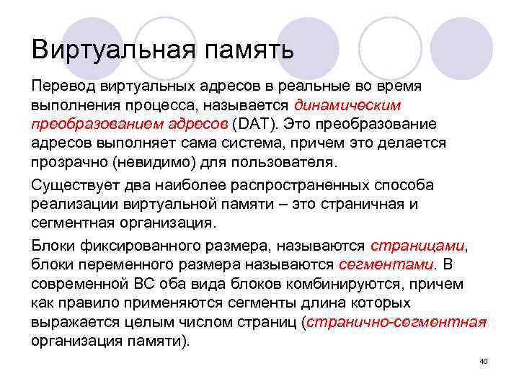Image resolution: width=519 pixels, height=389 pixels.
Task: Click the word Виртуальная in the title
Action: tap(112, 50)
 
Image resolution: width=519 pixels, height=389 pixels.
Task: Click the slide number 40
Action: tap(484, 360)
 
